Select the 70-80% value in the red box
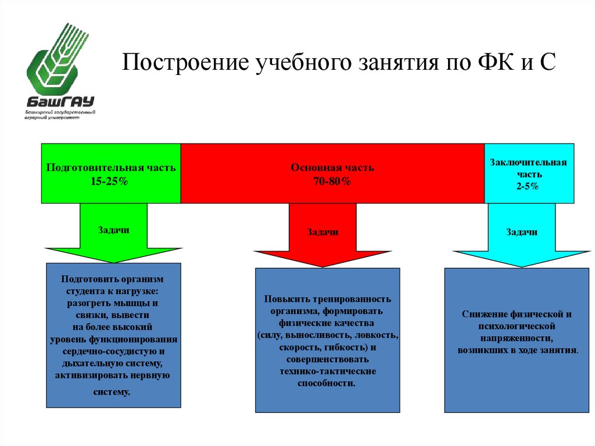pyautogui.click(x=332, y=181)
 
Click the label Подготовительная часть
pyautogui.click(x=110, y=167)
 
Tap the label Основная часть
pyautogui.click(x=332, y=167)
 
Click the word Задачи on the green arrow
pyautogui.click(x=113, y=230)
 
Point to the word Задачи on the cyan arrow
pyautogui.click(x=521, y=232)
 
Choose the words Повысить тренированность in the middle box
pyautogui.click(x=327, y=299)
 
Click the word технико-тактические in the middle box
pyautogui.click(x=327, y=371)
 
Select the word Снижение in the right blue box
pyautogui.click(x=484, y=314)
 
